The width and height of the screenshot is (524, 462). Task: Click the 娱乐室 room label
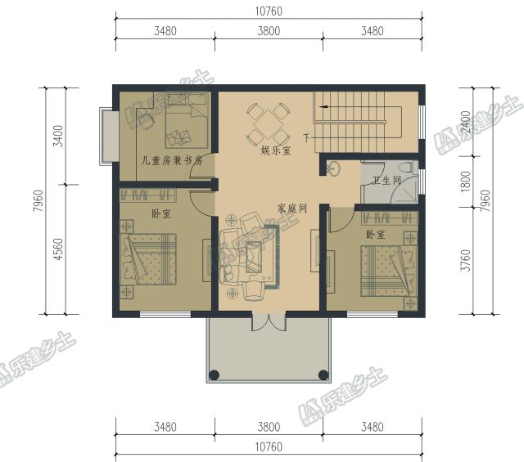[276, 150]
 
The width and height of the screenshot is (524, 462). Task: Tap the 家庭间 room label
[292, 209]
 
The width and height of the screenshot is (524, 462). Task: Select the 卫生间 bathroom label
[386, 181]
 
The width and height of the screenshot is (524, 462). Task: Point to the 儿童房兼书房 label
[172, 161]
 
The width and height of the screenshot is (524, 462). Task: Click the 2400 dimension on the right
[465, 122]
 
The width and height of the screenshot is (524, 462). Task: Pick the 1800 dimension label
[465, 182]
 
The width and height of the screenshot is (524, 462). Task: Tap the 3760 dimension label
[465, 261]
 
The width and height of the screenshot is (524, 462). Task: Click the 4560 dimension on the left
[58, 249]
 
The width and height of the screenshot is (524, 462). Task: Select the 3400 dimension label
[58, 136]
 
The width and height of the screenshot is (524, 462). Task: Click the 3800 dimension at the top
[269, 31]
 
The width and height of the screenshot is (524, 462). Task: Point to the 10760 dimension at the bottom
[269, 447]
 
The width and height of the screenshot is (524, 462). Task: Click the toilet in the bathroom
[408, 168]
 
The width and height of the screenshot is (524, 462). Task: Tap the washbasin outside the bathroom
[333, 168]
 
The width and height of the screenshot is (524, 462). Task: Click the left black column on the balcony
[215, 375]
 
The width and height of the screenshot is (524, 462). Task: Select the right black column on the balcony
[323, 375]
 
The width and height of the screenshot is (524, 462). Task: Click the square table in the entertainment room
[268, 124]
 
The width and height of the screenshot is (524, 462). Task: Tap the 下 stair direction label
[307, 137]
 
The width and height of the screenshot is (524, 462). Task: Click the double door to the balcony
[269, 321]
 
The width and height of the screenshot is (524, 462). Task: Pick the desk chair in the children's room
[146, 120]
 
